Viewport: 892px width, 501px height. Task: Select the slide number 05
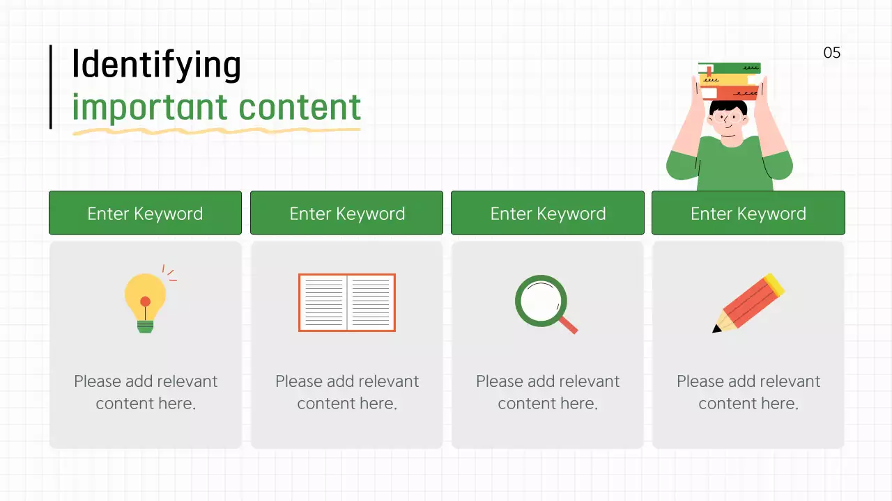(832, 53)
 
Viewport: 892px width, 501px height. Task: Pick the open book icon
(347, 303)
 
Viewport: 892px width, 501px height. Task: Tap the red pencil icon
(748, 303)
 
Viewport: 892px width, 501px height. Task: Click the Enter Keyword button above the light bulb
(145, 213)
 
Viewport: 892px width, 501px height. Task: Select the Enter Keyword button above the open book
(346, 213)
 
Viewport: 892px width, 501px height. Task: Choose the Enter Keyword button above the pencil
(748, 213)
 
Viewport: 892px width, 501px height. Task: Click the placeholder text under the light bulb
(146, 392)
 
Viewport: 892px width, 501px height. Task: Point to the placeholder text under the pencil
(748, 392)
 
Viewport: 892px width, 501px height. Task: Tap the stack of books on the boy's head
(730, 81)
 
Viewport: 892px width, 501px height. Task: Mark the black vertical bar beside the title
(51, 87)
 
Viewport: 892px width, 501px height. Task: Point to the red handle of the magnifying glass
(569, 325)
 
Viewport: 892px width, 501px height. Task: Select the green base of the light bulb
(145, 326)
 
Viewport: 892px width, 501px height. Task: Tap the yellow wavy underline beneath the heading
(216, 129)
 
